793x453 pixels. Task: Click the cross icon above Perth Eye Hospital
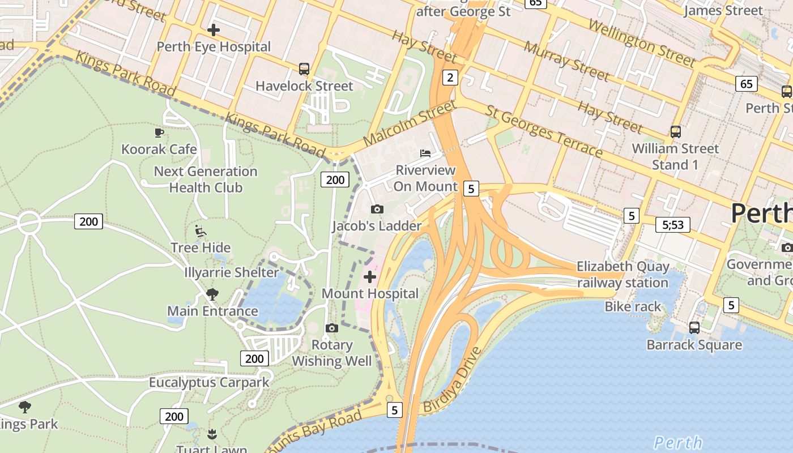coord(214,29)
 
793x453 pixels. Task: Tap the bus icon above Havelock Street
coord(304,69)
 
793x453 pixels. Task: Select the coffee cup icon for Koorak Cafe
coord(159,133)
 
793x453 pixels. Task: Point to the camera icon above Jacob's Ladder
coord(377,210)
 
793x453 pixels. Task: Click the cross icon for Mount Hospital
coord(370,277)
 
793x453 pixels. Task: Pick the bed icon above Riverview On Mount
coord(425,153)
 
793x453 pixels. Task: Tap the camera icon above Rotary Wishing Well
coord(332,328)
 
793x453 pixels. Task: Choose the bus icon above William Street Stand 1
coord(676,132)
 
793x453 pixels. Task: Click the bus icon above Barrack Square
coord(694,328)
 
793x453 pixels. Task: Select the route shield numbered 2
coord(450,78)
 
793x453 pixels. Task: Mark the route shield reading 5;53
coord(673,225)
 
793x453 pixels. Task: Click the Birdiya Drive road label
coord(453,380)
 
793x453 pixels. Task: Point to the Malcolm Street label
coord(409,123)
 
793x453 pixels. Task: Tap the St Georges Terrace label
coord(544,131)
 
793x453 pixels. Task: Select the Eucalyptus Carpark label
coord(210,383)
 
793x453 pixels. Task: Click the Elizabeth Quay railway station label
coord(623,275)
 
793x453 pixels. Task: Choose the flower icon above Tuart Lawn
coord(212,434)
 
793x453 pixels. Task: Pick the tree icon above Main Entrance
coord(212,294)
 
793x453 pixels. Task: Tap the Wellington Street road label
coord(641,42)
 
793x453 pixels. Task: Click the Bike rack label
coord(633,307)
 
